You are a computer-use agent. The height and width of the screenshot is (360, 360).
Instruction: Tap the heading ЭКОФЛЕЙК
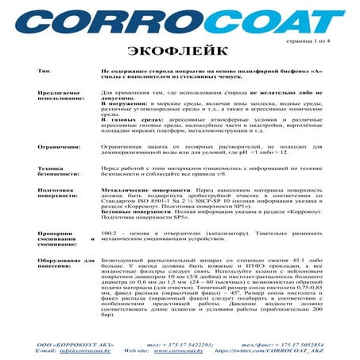[x=180, y=50]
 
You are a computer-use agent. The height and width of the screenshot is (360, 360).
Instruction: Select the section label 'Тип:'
[x=44, y=71]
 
